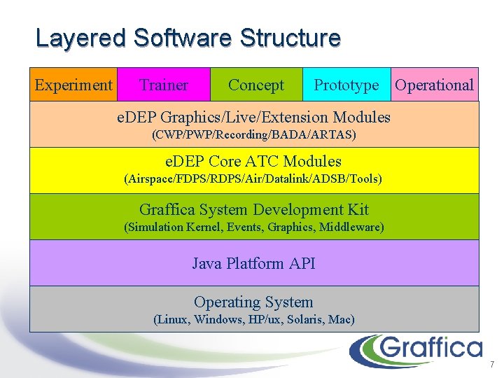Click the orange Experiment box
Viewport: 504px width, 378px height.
(x=73, y=85)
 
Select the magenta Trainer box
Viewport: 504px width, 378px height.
(x=163, y=85)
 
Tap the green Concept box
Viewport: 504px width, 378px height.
(x=256, y=85)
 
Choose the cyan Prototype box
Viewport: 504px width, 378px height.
(x=346, y=85)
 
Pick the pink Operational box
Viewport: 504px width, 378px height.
(x=434, y=85)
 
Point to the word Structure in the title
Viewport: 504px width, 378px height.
(x=290, y=38)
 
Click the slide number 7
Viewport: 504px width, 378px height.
(x=492, y=365)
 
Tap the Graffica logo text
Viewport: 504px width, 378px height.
(x=433, y=348)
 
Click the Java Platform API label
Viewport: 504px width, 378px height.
(x=253, y=263)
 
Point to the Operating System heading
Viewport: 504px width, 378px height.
(x=253, y=302)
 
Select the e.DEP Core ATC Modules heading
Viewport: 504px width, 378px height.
(x=253, y=162)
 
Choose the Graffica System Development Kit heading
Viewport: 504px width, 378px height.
(x=253, y=209)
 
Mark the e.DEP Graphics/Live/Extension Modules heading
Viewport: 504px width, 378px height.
(x=253, y=116)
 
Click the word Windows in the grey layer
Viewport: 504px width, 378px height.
(x=216, y=320)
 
